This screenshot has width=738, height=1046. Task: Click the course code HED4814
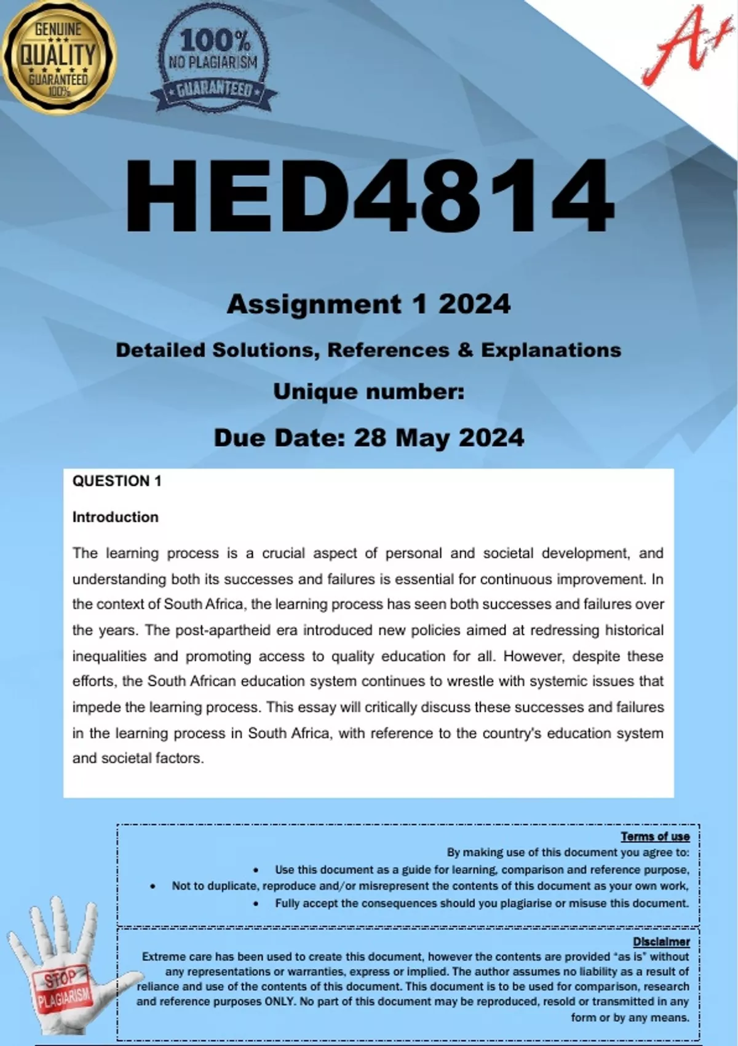[x=369, y=196]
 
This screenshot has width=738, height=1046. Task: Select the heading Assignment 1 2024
[x=368, y=304]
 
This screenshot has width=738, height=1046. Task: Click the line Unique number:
[x=368, y=391]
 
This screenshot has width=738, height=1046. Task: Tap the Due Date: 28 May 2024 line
[x=368, y=437]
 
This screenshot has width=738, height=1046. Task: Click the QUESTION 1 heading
[x=117, y=481]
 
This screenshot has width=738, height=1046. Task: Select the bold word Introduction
[x=115, y=517]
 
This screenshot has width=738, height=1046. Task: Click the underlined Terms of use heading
[x=655, y=836]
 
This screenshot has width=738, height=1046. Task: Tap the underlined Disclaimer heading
[x=661, y=941]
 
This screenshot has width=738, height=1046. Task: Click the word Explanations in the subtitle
[x=550, y=350]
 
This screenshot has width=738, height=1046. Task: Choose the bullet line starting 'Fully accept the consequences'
[x=482, y=903]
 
